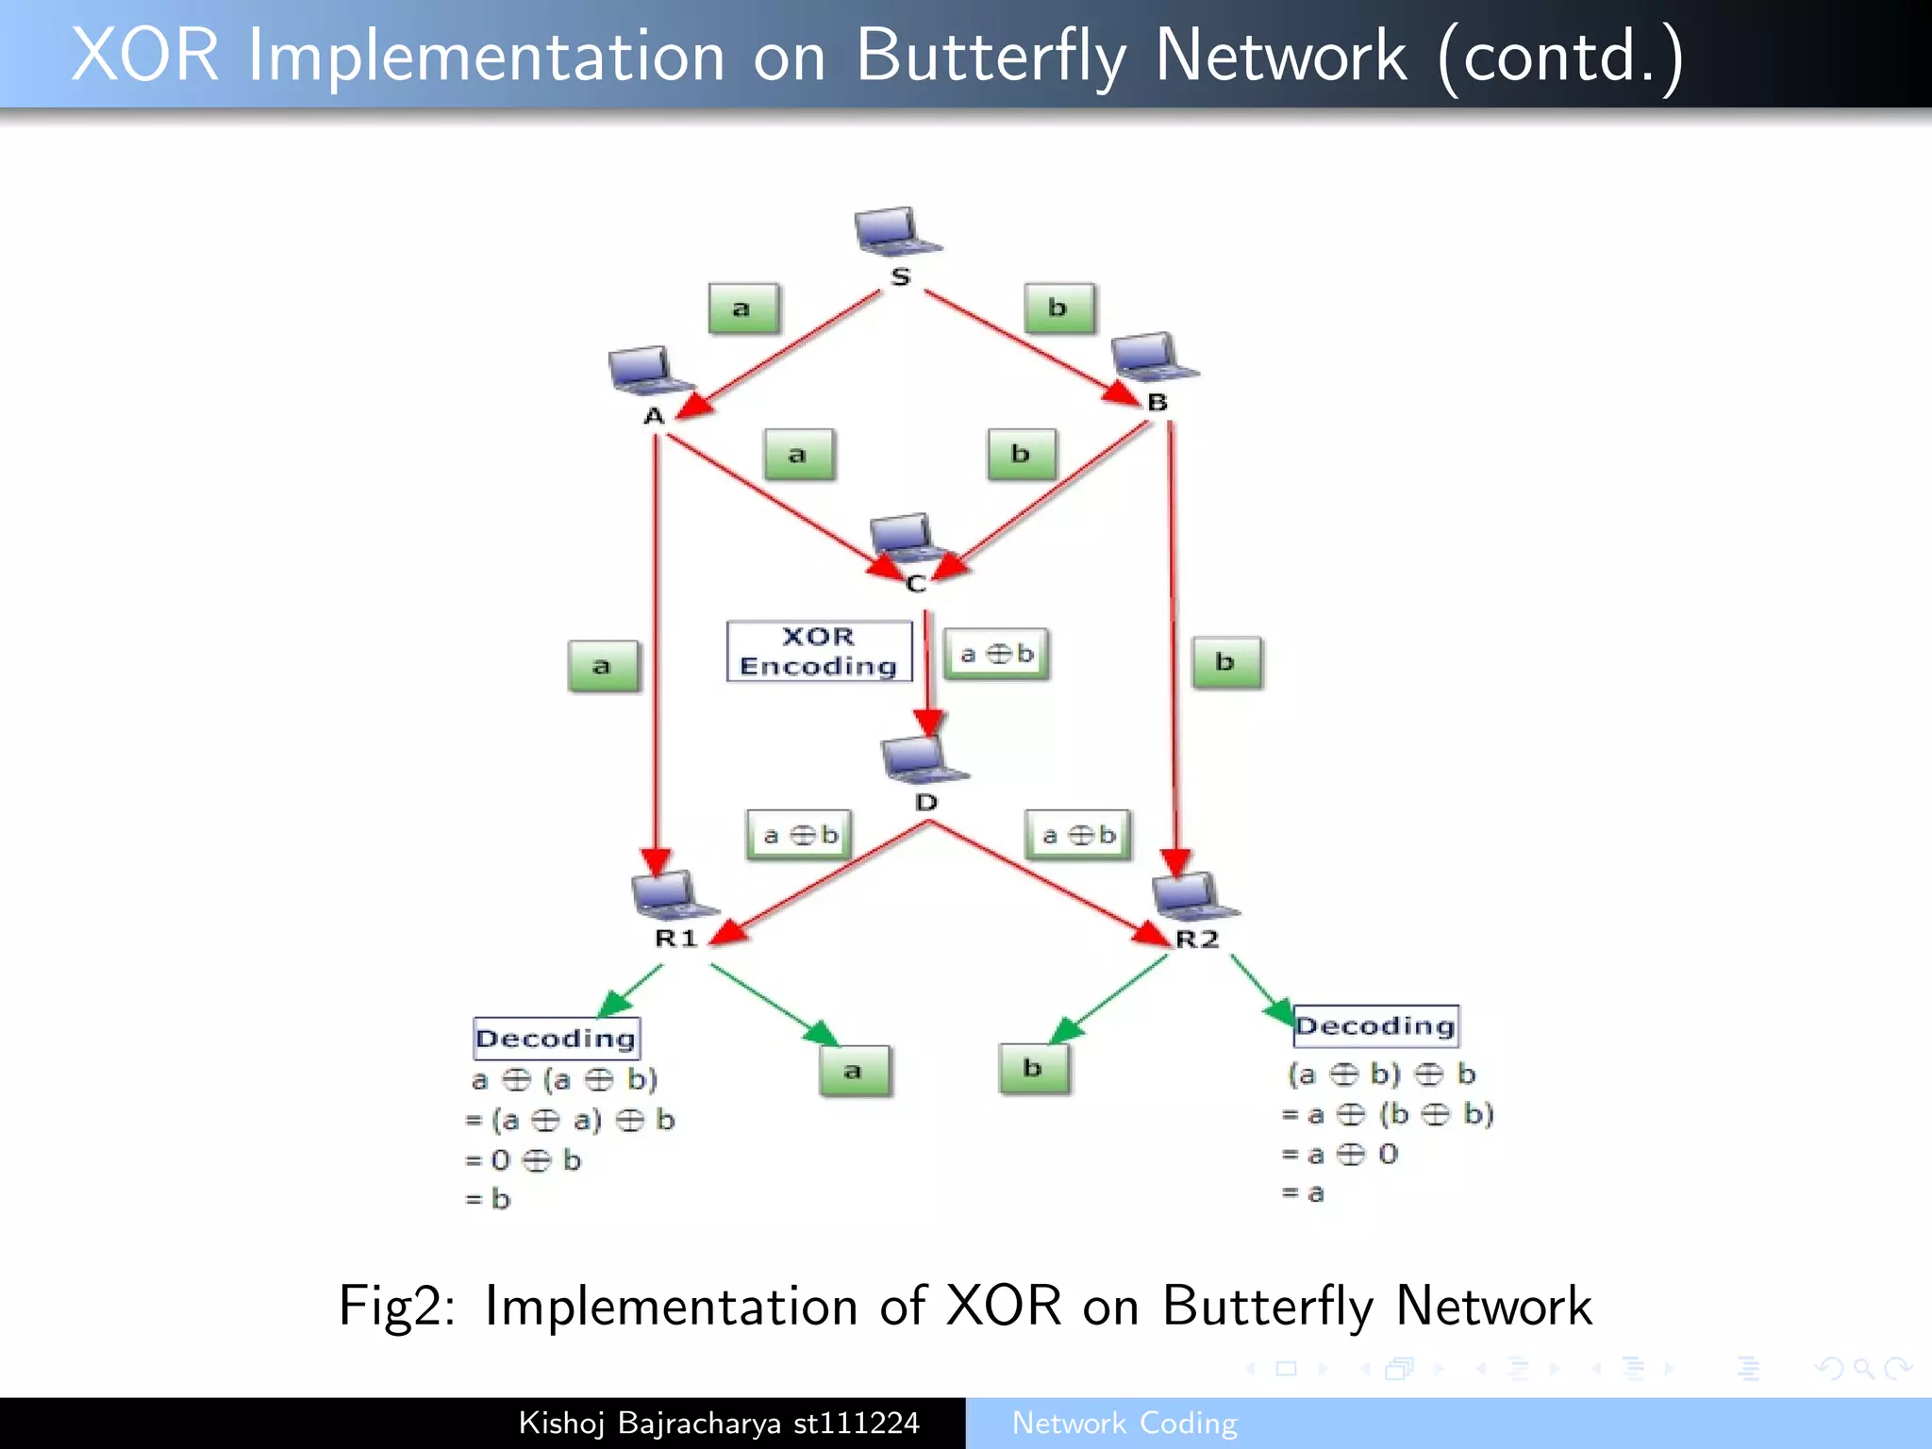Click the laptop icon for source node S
click(x=896, y=232)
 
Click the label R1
click(x=676, y=938)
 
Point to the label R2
click(x=1197, y=939)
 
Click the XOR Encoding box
click(x=819, y=651)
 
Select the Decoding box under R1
click(x=557, y=1039)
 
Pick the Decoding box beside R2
click(x=1375, y=1026)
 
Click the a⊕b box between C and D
click(x=997, y=654)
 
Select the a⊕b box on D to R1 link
click(x=799, y=835)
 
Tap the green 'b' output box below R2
click(x=1034, y=1068)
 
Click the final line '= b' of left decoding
click(x=489, y=1199)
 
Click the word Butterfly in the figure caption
click(x=1267, y=1307)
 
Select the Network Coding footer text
click(x=1124, y=1423)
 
